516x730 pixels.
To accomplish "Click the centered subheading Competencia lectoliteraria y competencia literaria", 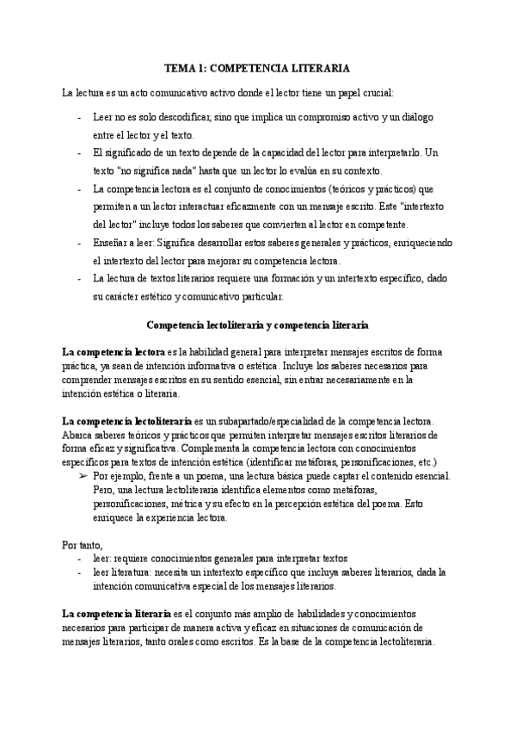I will [258, 325].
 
